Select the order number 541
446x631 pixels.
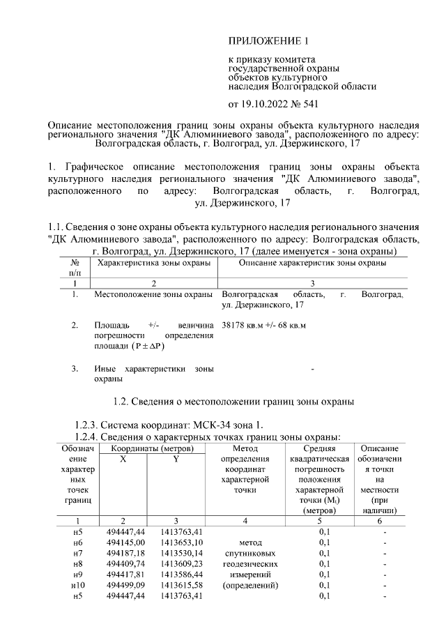(x=309, y=105)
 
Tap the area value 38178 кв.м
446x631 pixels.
(x=245, y=326)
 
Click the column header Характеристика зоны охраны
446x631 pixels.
(x=153, y=262)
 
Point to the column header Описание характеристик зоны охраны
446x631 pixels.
(x=313, y=262)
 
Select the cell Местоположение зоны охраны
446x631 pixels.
(x=153, y=295)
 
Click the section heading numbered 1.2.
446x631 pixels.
(x=233, y=402)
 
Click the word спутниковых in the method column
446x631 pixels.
(x=249, y=552)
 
